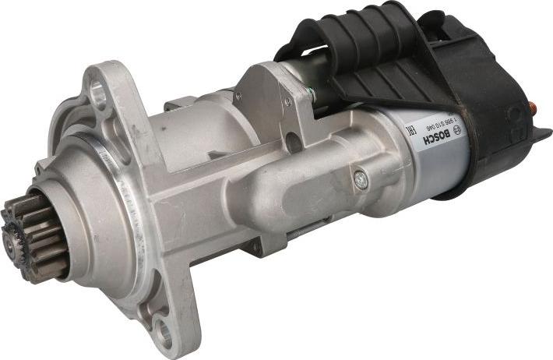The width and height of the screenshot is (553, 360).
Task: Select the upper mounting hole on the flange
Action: click(x=99, y=93)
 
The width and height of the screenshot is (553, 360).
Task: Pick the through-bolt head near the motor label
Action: click(x=360, y=179)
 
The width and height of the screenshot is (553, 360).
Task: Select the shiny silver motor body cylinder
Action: click(x=436, y=156)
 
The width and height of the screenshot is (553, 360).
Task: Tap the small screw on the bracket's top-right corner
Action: click(x=287, y=101)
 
